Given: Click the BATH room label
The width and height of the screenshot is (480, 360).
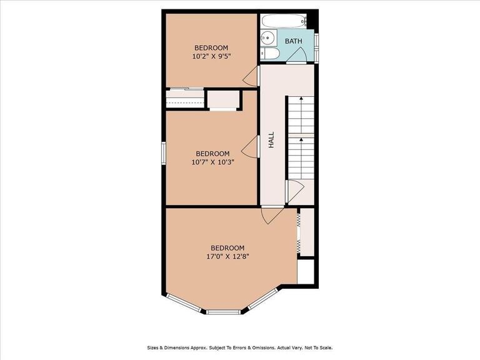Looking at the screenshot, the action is [293, 41].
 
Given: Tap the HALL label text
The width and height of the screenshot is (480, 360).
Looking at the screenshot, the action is [271, 140].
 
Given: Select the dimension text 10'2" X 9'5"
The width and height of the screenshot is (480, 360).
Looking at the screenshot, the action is [211, 56].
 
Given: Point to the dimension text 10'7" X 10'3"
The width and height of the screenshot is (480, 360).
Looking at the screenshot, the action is [212, 162].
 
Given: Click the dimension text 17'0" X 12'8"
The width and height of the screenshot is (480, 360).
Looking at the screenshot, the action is [227, 256].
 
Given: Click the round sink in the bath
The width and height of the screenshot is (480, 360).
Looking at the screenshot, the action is [269, 37].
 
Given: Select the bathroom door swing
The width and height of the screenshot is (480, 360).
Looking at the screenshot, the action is [296, 56].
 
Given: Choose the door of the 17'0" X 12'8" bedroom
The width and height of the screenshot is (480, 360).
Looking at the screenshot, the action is [272, 215].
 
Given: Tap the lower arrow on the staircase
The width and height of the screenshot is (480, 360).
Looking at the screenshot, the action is [301, 158].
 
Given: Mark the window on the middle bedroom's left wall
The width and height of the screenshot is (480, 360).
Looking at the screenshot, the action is [164, 153].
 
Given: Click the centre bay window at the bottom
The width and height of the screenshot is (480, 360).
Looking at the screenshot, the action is [223, 312].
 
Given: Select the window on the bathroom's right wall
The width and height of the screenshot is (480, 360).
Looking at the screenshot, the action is [317, 48].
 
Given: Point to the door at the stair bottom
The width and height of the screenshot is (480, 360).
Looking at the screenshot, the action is [294, 192].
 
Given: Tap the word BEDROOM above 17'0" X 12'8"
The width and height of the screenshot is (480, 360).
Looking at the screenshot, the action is [227, 248].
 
